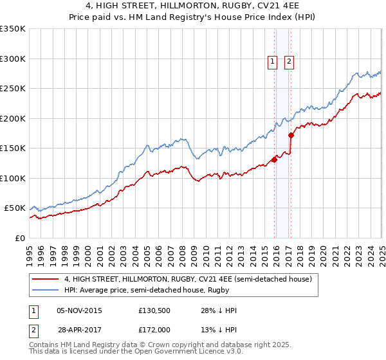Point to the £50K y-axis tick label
pos(14,208)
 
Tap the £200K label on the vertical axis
pos(12,118)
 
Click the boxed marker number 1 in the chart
pos(272,62)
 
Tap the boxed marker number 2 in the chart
pos(289,62)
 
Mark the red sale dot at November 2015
pos(274,160)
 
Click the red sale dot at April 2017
pos(291,135)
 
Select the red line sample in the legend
pos(46,279)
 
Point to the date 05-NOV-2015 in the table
pos(79,310)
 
